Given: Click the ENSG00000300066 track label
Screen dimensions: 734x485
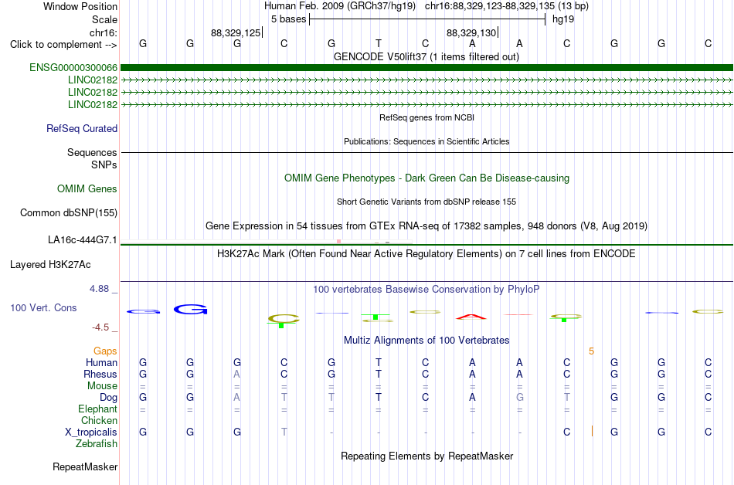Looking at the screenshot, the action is point(73,68).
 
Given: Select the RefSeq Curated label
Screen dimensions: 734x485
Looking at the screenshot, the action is point(82,129).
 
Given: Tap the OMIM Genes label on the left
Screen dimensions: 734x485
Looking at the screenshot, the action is point(87,189).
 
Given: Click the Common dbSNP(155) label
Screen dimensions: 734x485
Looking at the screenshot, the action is point(69,213).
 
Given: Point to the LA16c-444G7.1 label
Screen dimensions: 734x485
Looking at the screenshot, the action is point(83,240).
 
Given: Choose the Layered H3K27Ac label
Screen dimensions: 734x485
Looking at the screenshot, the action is point(50,265).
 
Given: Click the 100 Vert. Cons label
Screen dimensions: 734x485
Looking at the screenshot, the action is point(43,307).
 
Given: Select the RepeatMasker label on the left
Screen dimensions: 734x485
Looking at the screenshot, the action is point(85,466).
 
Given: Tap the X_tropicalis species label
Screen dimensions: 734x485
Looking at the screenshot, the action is point(91,432).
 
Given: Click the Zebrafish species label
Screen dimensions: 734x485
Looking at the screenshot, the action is point(97,443).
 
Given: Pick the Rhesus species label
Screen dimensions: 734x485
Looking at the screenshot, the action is point(100,374).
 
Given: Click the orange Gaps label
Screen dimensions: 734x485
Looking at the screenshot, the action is point(105,351).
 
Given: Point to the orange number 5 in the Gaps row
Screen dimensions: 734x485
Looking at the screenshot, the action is point(592,351).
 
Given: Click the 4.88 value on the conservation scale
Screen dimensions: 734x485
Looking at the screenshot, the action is point(99,289).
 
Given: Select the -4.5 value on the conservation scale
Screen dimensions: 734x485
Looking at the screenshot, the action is point(100,327).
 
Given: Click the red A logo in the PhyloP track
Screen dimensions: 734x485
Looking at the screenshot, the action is point(471,317).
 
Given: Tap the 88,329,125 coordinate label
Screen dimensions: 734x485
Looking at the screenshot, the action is point(236,32).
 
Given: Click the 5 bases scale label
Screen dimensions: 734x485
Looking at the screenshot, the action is point(288,19).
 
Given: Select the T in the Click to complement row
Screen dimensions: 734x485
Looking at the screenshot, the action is point(379,43).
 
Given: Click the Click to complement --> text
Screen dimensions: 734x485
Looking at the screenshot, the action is point(63,45).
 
